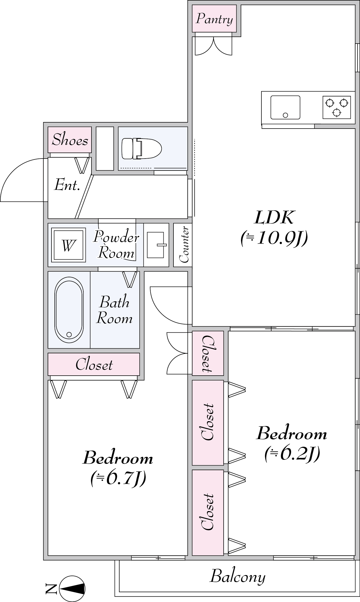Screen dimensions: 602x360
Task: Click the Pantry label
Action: pos(214,19)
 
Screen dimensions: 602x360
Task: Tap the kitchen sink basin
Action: pos(285,107)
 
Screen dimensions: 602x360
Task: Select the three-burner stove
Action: pos(337,107)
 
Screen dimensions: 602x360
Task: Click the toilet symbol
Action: pos(141,148)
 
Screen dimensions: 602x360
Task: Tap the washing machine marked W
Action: pos(68,245)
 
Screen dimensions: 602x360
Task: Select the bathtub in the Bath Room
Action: pos(69,310)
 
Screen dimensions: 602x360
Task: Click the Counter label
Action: pos(184,244)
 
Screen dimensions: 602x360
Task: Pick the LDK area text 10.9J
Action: pos(274,238)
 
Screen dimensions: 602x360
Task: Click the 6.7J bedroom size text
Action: pos(118,479)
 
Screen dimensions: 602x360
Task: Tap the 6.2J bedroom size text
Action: pos(292,454)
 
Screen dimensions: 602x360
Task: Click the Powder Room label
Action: pos(116,245)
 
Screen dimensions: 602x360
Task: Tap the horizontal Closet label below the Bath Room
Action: pos(94,364)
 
